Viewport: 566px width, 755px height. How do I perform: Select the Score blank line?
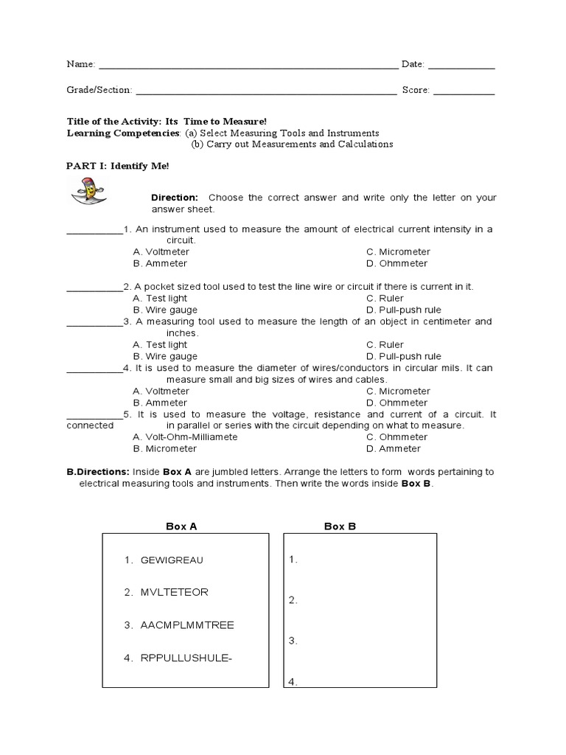click(464, 92)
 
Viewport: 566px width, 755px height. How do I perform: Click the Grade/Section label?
click(99, 90)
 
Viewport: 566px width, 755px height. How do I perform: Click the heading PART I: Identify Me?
click(118, 166)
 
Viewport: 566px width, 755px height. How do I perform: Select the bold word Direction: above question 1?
click(175, 198)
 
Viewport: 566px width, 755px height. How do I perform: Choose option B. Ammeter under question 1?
click(160, 263)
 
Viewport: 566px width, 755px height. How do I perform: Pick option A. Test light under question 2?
click(160, 298)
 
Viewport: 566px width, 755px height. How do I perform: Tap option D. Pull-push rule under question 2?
click(404, 310)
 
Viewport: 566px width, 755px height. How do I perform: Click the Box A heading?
click(181, 526)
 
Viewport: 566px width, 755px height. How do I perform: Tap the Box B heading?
click(340, 526)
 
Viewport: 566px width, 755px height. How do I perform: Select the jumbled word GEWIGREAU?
click(172, 560)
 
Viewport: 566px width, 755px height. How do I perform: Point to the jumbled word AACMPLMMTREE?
click(187, 625)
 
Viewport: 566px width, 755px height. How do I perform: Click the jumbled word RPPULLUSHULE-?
click(186, 658)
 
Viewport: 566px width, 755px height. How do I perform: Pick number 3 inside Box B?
click(293, 641)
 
